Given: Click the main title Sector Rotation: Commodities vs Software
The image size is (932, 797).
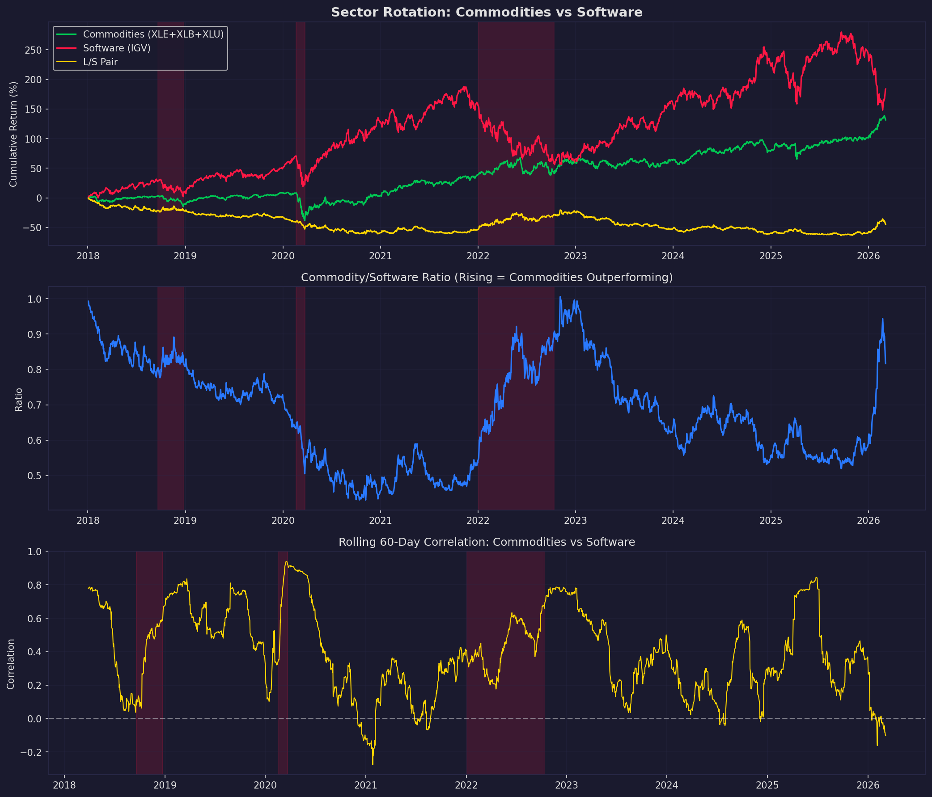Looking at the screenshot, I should (x=487, y=12).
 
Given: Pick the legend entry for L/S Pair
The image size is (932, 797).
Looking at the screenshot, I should (x=100, y=62).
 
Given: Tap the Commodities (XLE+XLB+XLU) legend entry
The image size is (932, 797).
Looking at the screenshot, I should (x=153, y=34).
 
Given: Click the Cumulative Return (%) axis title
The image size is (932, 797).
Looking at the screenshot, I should (x=13, y=134).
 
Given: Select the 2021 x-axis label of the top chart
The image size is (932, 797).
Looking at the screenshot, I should (x=380, y=256).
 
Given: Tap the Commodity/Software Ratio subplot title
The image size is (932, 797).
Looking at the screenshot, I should (x=487, y=277).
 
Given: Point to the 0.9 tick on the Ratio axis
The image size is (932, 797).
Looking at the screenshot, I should (x=35, y=334).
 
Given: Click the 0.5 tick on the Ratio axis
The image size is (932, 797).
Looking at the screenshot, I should (x=35, y=476).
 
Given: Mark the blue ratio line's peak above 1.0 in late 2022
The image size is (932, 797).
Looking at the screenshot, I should (x=560, y=297).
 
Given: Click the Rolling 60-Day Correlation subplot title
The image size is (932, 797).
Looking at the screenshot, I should (x=487, y=542).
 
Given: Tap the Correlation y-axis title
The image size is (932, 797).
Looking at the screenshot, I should (x=11, y=664).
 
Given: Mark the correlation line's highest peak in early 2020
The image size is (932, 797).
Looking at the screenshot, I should (x=286, y=561).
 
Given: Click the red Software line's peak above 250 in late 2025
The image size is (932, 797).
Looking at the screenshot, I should (x=840, y=33).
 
